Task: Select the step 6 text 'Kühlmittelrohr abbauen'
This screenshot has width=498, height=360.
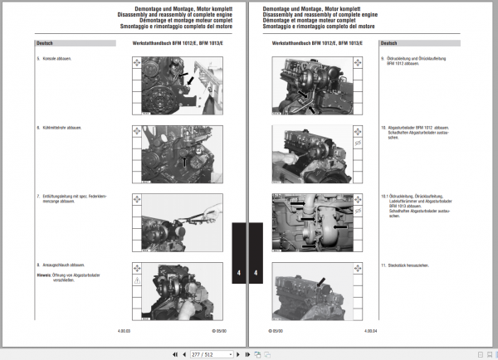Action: coord(66,128)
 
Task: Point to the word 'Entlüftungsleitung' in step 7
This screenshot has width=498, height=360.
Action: coord(59,196)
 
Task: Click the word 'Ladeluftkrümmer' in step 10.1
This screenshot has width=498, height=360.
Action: coord(402,201)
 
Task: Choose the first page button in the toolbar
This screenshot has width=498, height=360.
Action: coord(173,354)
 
